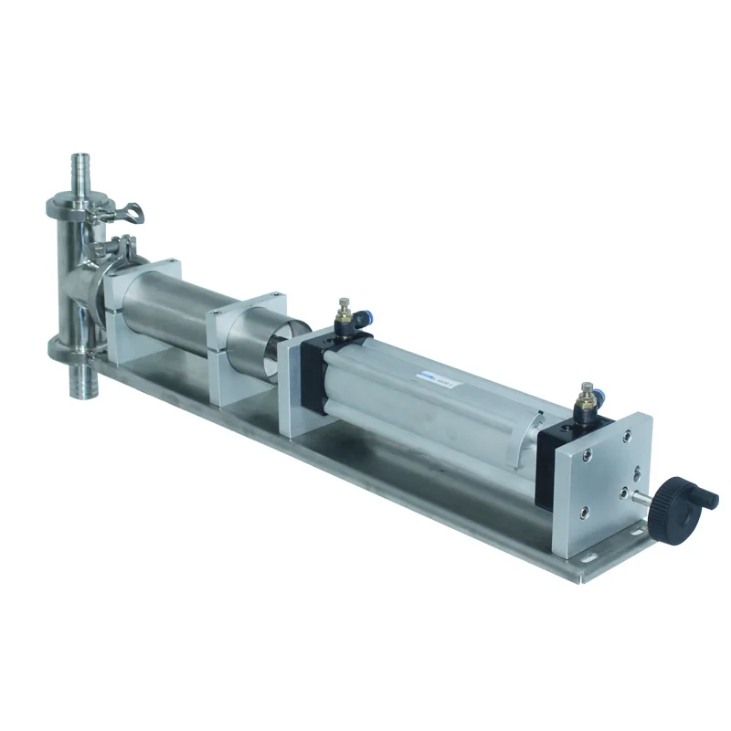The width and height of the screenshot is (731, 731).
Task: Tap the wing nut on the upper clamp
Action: pyautogui.click(x=128, y=212)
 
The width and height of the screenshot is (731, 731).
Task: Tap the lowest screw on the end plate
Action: pyautogui.click(x=584, y=529)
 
